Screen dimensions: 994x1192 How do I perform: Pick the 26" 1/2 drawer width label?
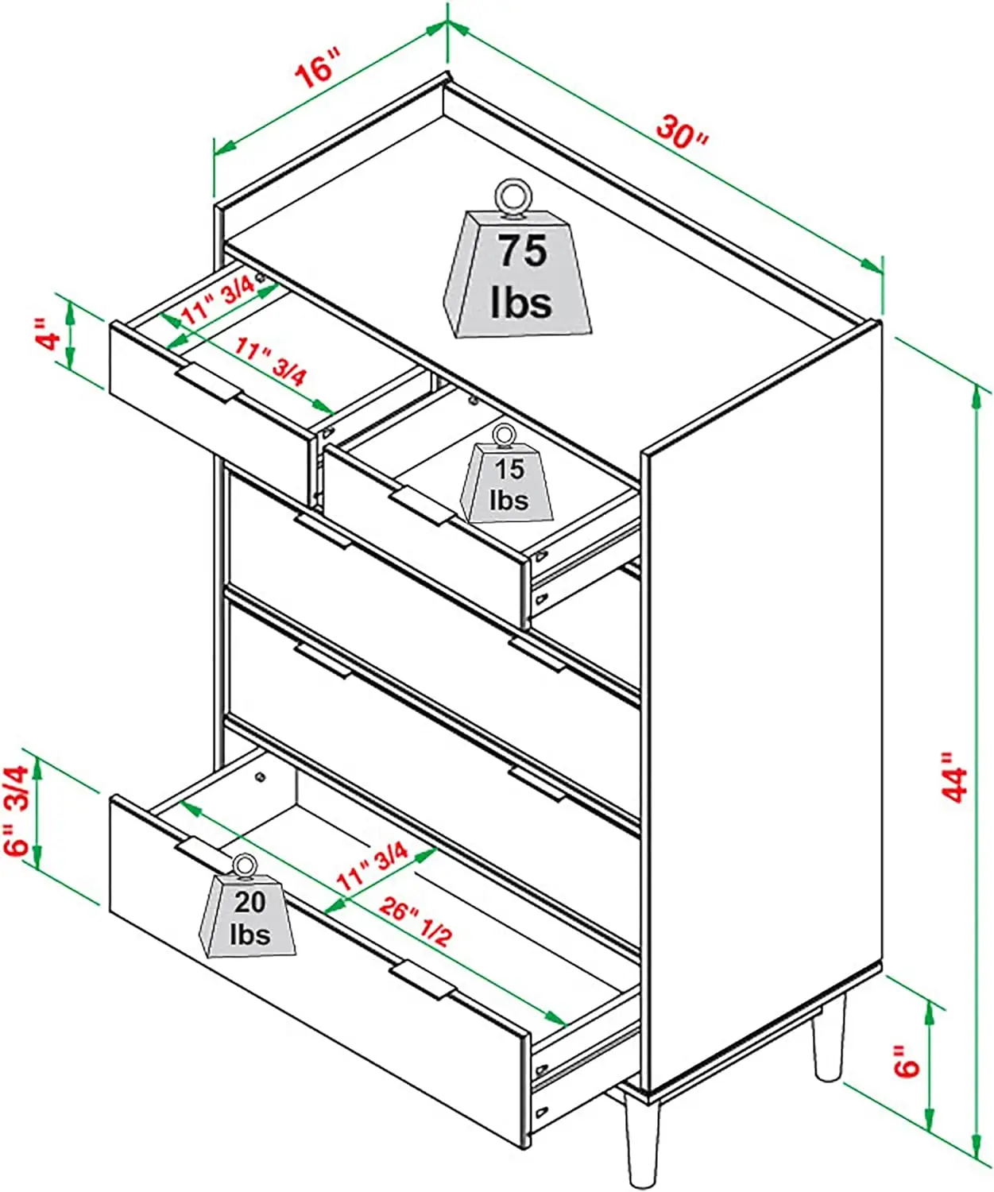pyautogui.click(x=415, y=921)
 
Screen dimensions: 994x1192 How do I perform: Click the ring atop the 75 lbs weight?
pyautogui.click(x=511, y=195)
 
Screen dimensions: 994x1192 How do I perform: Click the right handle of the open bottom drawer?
pyautogui.click(x=424, y=979)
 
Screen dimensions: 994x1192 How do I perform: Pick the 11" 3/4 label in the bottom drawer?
pyautogui.click(x=373, y=866)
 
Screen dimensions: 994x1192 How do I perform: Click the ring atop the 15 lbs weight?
pyautogui.click(x=502, y=434)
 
